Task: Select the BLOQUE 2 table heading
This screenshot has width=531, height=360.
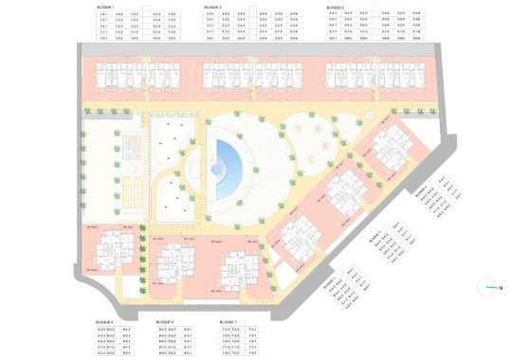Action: [x=213, y=7]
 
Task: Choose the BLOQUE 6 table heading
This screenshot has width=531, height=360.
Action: [x=165, y=321]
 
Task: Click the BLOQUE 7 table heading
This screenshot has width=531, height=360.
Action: [x=228, y=321]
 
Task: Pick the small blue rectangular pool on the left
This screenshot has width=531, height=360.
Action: [x=130, y=148]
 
